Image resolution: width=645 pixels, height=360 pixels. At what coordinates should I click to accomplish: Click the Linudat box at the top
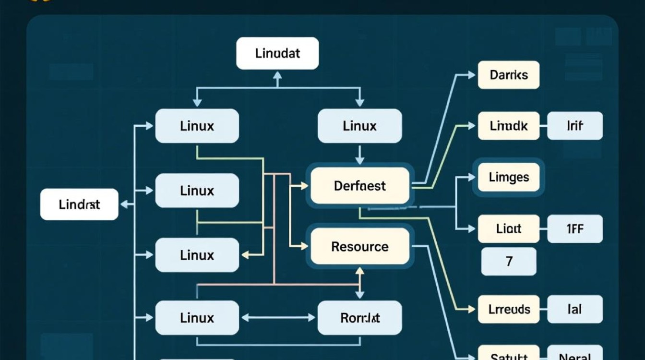pos(277,53)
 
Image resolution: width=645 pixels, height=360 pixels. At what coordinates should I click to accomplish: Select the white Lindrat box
pos(79,204)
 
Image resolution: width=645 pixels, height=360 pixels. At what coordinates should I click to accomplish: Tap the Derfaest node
pos(360,186)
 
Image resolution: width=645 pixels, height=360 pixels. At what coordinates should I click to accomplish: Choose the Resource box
pos(360,247)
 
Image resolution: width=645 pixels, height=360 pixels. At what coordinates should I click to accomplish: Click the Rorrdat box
pos(359,318)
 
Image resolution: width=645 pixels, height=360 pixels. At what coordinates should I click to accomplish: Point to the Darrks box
pos(509,75)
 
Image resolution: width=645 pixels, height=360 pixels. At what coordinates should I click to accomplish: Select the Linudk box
pos(509,126)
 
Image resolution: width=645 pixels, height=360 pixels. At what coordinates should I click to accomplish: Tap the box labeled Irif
pos(574,126)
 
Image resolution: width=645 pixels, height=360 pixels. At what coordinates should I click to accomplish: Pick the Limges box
pos(509,177)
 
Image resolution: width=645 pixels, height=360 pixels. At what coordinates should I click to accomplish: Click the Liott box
pos(509,228)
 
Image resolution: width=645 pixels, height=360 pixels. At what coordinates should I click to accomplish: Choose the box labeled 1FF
pos(574,228)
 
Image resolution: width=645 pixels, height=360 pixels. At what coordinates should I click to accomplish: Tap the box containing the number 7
pos(509,262)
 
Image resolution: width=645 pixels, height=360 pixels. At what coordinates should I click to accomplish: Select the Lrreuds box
pos(509,309)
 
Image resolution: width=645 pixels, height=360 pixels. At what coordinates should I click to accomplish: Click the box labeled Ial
pos(574,309)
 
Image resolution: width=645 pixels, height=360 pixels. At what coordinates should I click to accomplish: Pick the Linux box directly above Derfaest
pos(359,126)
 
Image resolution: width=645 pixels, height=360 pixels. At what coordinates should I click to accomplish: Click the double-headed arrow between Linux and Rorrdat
pos(278,318)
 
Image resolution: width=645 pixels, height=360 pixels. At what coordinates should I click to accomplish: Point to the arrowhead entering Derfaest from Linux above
pos(359,161)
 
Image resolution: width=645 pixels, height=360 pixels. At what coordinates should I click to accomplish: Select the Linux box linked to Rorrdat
pos(197,318)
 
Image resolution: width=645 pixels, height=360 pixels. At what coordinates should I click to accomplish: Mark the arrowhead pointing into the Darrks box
pos(471,75)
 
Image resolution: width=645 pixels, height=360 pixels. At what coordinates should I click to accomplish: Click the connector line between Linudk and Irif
pos(543,126)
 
